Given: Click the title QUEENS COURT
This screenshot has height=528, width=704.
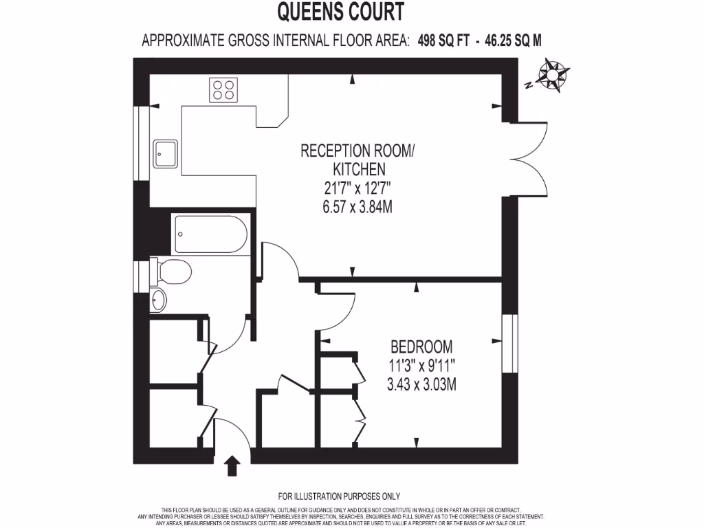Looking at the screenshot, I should click(340, 12).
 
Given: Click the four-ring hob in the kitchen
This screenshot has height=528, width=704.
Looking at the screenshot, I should click(224, 89).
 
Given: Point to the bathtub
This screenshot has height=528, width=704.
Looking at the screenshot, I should click(210, 234).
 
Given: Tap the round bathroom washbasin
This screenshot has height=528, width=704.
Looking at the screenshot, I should click(158, 299).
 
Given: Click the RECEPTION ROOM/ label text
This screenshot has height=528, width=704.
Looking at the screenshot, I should click(357, 151).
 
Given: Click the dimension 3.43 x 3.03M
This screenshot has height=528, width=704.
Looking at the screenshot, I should click(421, 384).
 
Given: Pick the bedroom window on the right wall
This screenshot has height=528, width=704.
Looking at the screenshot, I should click(509, 344).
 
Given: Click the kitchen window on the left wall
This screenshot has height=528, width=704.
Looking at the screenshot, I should click(143, 143).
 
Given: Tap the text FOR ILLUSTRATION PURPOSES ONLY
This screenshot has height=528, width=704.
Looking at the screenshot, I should click(339, 496).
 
